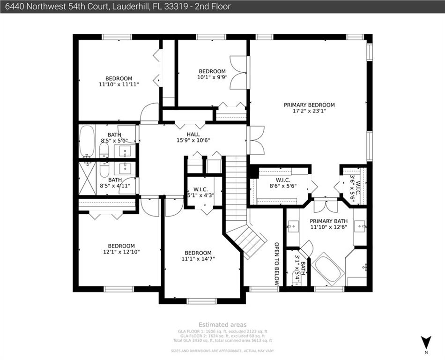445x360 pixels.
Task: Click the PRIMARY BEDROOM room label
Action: (309, 105)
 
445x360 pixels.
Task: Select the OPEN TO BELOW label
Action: (276, 264)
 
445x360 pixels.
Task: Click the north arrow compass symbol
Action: (425, 342)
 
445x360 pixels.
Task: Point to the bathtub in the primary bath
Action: (329, 269)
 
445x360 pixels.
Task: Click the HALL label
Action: (193, 134)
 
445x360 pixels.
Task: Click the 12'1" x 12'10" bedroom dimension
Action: (121, 252)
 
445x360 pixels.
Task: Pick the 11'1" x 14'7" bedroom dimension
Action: (198, 259)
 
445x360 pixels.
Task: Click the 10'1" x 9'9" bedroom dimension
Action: (212, 78)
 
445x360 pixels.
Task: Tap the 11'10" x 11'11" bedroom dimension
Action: (119, 85)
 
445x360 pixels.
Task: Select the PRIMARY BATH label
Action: (327, 221)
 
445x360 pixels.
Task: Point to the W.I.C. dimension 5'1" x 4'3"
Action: (200, 195)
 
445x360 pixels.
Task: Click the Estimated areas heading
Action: (222, 324)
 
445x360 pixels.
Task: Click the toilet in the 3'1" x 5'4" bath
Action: (297, 278)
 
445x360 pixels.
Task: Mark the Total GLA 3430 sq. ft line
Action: (222, 340)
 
